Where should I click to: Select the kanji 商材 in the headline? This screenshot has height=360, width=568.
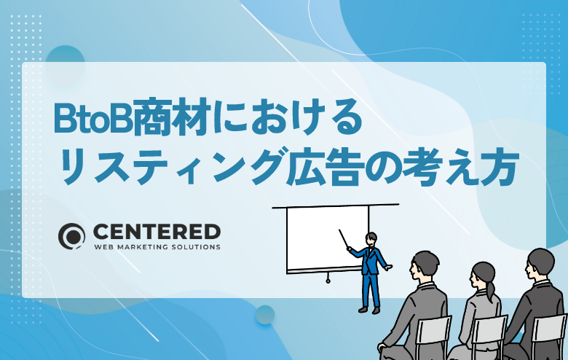(173, 117)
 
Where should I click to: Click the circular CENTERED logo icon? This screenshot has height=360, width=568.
(71, 236)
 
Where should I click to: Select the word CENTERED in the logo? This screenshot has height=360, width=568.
(157, 232)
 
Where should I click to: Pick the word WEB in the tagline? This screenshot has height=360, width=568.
(100, 247)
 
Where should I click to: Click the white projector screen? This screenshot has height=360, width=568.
(327, 238)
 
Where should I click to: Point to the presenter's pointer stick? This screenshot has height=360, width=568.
(344, 238)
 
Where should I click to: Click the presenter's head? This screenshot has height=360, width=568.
(371, 239)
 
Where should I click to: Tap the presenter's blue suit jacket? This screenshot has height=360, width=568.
(370, 260)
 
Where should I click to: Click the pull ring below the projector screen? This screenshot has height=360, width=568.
(328, 281)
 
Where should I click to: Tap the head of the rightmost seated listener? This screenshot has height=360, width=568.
(540, 264)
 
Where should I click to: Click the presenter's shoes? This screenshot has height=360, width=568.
(369, 310)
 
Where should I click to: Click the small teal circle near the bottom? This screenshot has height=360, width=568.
(265, 314)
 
